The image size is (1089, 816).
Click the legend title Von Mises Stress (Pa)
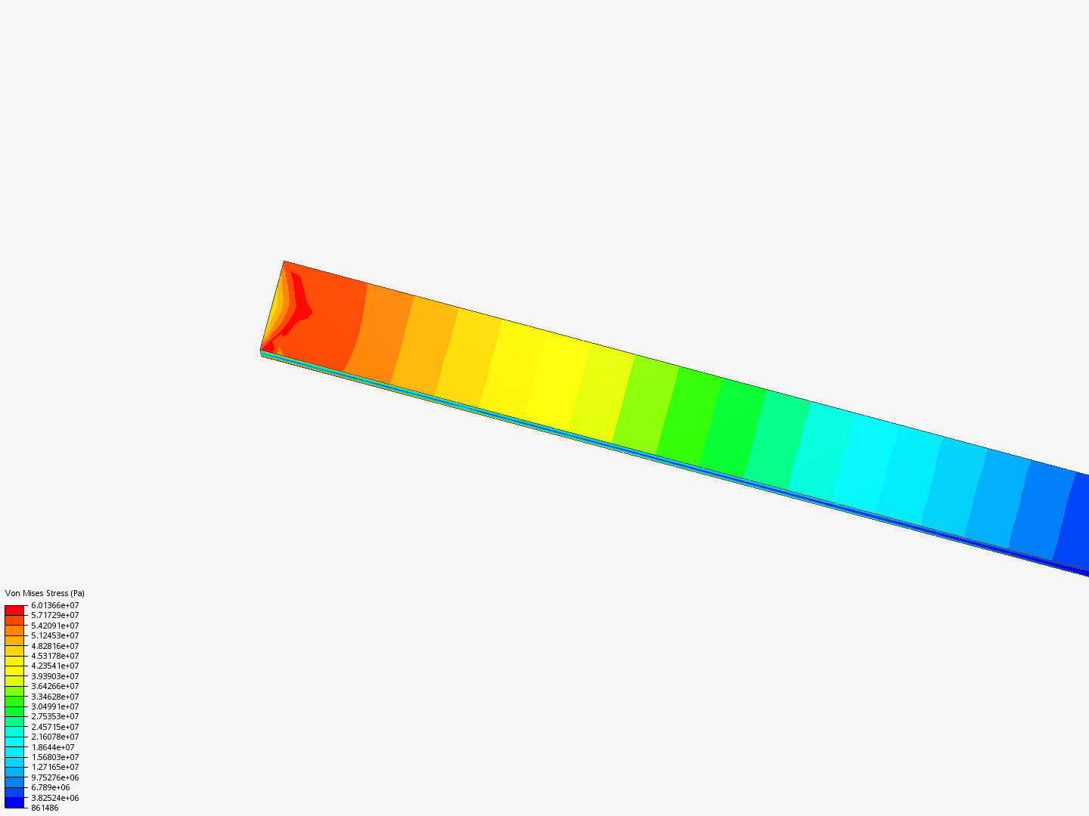pos(45,593)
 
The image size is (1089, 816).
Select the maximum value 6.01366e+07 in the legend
pos(55,605)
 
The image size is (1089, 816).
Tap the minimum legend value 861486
pos(45,808)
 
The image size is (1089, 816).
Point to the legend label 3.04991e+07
pos(55,706)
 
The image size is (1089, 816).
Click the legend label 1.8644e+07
pos(53,747)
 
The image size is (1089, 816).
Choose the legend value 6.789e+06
pos(51,788)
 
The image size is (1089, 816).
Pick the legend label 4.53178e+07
pos(55,656)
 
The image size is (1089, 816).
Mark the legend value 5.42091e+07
pos(55,626)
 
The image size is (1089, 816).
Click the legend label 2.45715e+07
pos(55,727)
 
